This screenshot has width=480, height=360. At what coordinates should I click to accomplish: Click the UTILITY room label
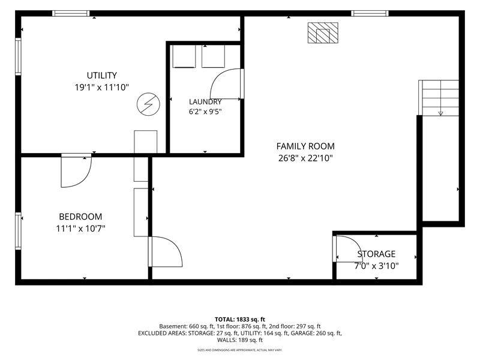click(x=101, y=76)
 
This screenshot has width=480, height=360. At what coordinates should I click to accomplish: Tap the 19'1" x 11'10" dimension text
click(x=101, y=88)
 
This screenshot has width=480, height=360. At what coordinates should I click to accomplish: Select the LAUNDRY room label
click(x=205, y=101)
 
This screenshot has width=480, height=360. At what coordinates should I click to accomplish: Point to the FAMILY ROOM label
click(x=305, y=146)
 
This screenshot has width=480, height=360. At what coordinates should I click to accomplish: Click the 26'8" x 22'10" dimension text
click(x=305, y=158)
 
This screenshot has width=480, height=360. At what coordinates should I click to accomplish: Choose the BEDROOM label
click(x=80, y=217)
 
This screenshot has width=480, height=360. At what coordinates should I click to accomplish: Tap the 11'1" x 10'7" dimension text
click(x=80, y=229)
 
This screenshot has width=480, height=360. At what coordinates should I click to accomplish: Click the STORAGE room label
click(x=376, y=254)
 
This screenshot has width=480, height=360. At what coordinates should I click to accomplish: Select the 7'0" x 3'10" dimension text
click(x=376, y=266)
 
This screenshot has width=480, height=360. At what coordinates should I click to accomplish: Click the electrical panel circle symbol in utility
click(x=148, y=104)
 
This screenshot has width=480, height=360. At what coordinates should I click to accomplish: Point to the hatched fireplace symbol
click(x=323, y=33)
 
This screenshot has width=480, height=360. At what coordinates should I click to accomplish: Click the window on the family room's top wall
click(x=370, y=13)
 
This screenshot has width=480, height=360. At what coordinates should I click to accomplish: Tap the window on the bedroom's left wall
click(x=19, y=231)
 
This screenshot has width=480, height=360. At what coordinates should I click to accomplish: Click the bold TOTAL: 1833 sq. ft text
click(x=239, y=320)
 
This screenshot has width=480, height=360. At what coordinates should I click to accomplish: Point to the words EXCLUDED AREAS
click(x=162, y=333)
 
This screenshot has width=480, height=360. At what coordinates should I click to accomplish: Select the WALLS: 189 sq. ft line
click(x=239, y=340)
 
